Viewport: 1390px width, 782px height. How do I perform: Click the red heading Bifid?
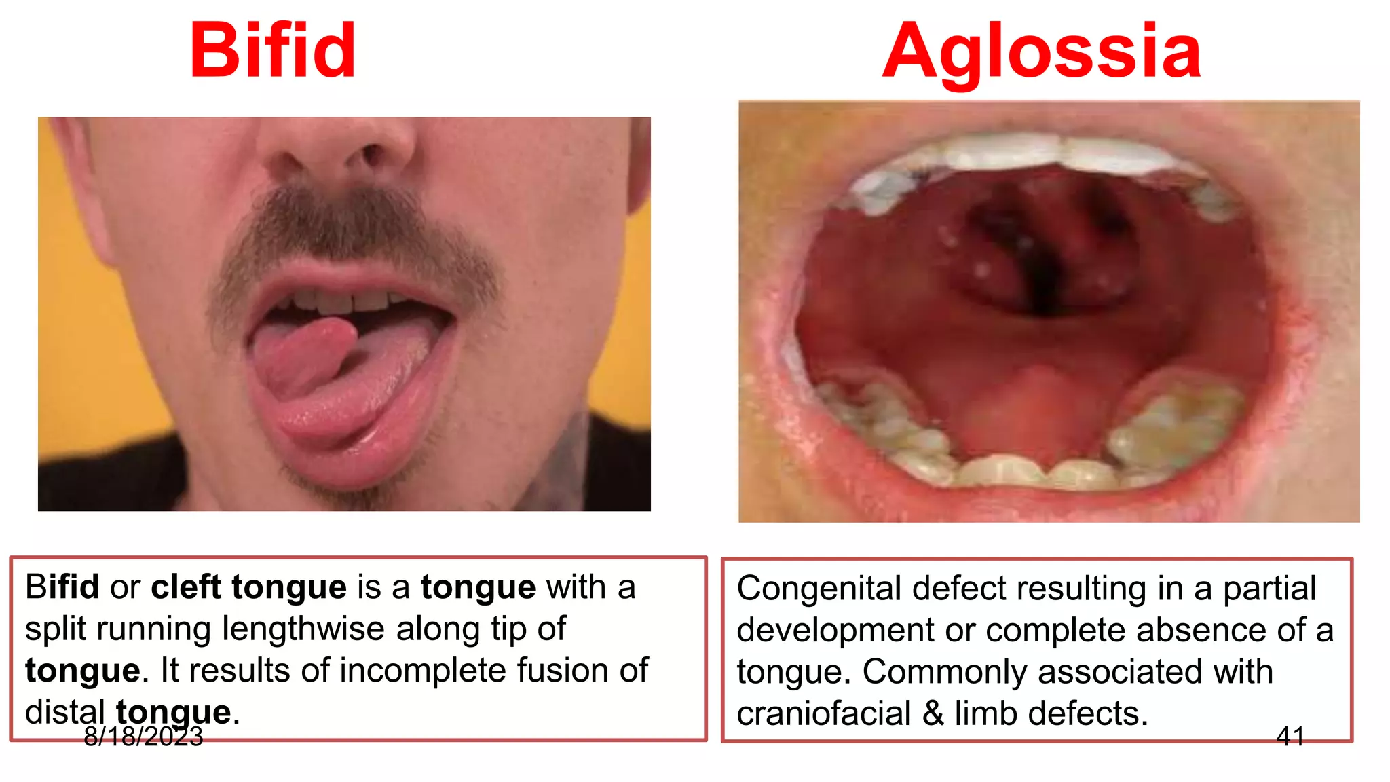[273, 51]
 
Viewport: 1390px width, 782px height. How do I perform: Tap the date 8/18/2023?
[143, 737]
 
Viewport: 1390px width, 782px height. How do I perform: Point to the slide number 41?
[1290, 737]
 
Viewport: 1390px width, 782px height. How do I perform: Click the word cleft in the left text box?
[186, 587]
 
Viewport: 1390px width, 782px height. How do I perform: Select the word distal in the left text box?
[65, 712]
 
